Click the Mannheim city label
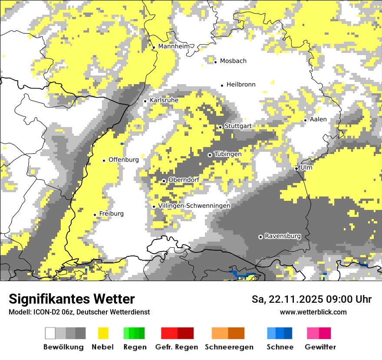[x=175, y=46]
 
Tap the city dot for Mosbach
[x=215, y=62]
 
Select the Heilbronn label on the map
[x=241, y=85]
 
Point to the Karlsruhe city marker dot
[x=145, y=101]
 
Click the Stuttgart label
[x=238, y=126]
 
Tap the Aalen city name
[x=318, y=119]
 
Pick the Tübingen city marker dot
[x=210, y=155]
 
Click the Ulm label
[x=306, y=167]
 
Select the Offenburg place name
[x=124, y=160]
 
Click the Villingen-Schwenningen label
[x=194, y=206]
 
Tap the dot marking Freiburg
[x=95, y=215]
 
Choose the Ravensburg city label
[x=283, y=236]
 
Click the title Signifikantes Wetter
[x=72, y=299]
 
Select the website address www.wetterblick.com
[x=313, y=312]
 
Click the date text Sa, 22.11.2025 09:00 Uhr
[x=312, y=299]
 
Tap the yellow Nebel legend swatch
[x=103, y=333]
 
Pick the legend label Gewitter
[x=320, y=347]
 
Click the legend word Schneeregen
[x=229, y=347]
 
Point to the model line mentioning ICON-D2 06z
[x=79, y=312]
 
